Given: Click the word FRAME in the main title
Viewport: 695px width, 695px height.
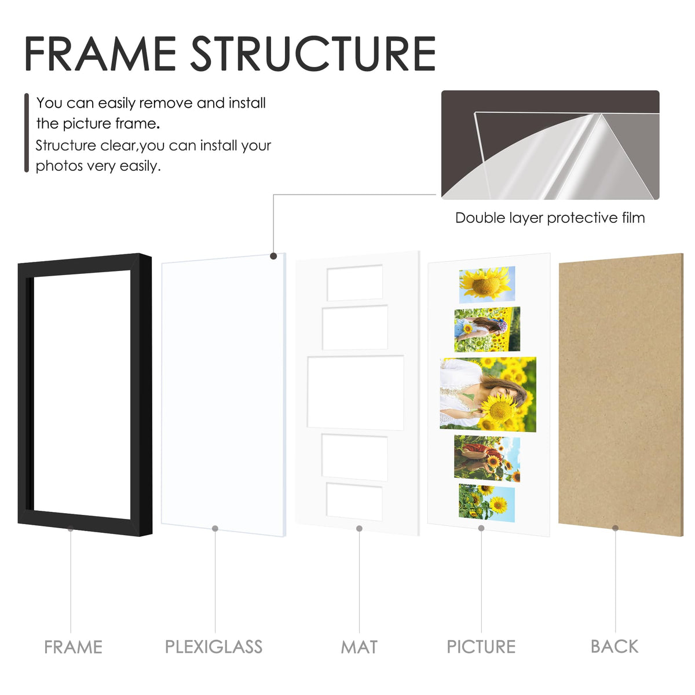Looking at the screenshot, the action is pos(100,53).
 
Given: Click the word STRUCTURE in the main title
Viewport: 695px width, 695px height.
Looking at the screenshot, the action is pos(313,53).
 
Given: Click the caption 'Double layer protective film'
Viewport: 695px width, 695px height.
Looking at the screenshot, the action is pos(550,218).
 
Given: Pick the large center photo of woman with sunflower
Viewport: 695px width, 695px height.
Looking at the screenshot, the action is pos(488,394).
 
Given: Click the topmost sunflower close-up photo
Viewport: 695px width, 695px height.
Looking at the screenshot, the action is pos(487,284).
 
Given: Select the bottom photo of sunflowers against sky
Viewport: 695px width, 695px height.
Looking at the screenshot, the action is pos(487,503).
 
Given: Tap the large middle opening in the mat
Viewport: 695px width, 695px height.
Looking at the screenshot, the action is pos(356,393).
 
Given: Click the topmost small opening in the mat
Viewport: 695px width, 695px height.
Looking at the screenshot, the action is pos(355,283).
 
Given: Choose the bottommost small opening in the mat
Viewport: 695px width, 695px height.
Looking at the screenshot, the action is pos(354,502).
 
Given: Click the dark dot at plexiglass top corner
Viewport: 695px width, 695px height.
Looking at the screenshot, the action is pos(273,256).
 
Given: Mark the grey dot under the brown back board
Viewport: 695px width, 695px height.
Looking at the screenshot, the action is pos(615,528).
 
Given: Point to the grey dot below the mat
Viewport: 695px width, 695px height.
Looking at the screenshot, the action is pos(359,528).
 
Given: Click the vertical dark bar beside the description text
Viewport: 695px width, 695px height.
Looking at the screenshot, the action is pos(26,133).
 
